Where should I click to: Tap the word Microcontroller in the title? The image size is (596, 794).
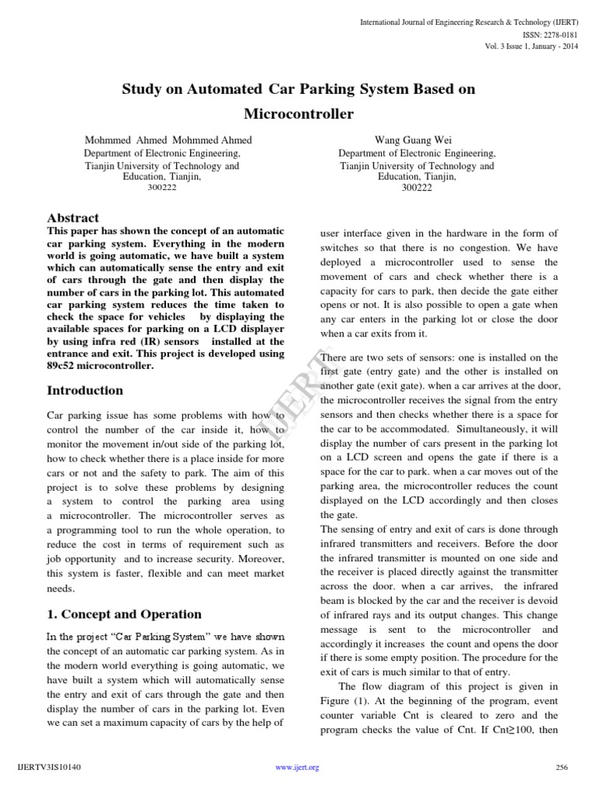299,115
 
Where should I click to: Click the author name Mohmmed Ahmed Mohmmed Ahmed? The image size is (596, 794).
168,140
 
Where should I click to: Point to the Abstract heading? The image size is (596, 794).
74,219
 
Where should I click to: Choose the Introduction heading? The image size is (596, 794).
85,390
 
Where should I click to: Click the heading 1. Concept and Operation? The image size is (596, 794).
124,614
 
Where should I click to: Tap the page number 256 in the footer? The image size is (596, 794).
563,768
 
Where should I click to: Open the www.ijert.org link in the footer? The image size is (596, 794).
298,768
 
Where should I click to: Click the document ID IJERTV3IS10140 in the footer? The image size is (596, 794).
48,768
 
